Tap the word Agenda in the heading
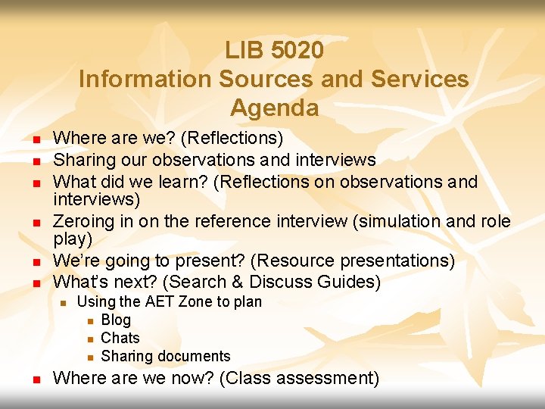(274, 108)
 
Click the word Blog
(116, 320)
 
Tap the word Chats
(120, 338)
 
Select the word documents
(195, 356)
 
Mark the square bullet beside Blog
(89, 321)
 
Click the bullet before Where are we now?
(36, 379)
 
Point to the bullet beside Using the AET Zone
(64, 303)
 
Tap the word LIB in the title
(242, 51)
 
